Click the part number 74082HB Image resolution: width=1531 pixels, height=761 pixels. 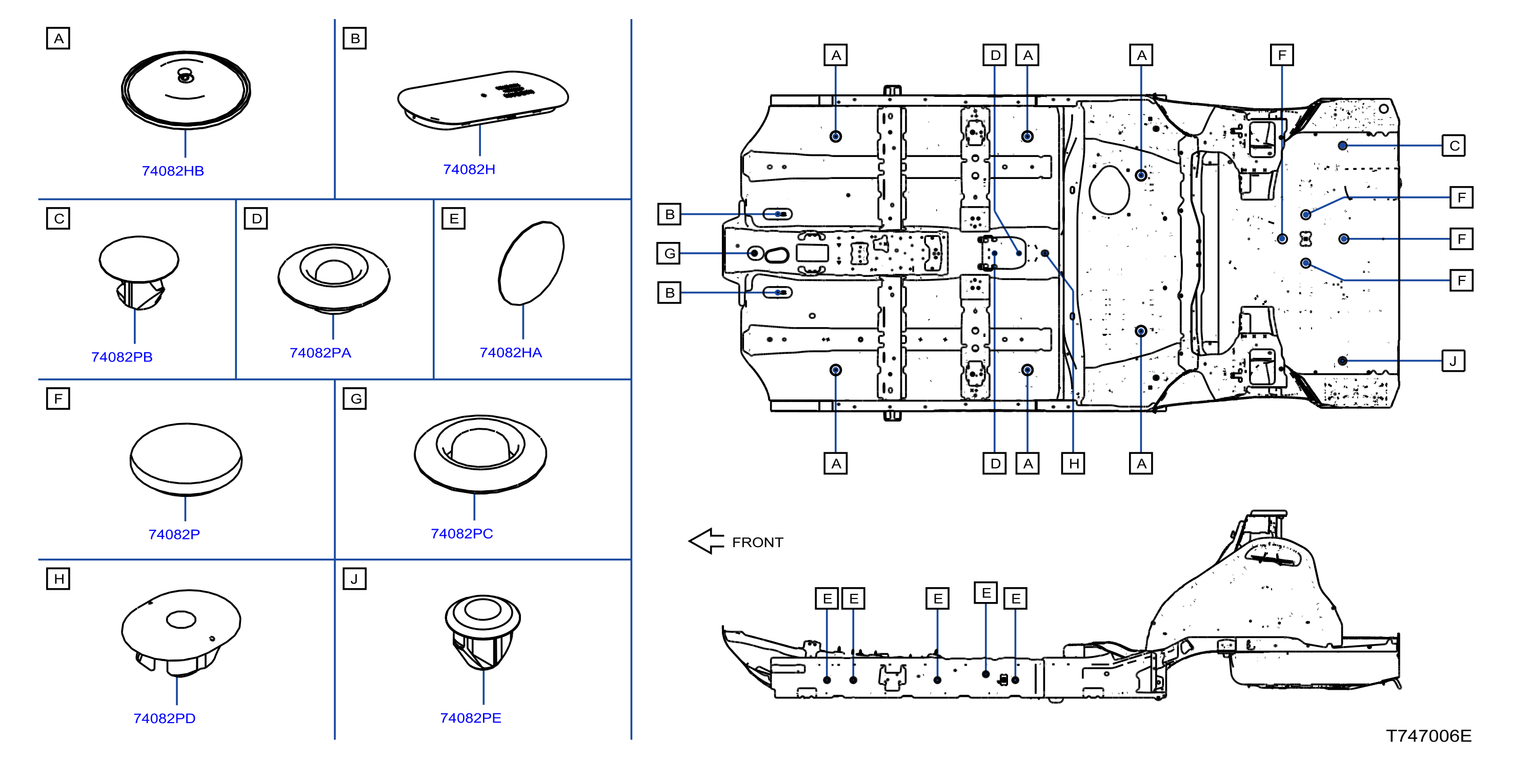pos(173,171)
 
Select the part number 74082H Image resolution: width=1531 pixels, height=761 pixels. pos(469,169)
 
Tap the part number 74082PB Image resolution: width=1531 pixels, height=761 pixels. pos(122,357)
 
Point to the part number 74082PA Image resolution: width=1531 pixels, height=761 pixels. pos(320,353)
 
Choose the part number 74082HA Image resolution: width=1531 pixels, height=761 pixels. pos(511,353)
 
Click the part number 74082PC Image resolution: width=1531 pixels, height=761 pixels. pos(462,533)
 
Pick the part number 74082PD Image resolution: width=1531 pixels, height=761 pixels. pos(165,718)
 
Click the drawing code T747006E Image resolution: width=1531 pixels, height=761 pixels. pos(1429,736)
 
